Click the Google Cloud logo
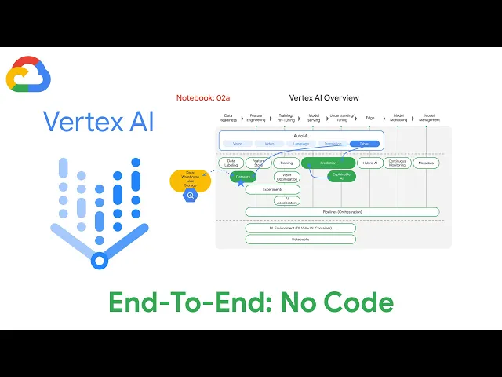28,75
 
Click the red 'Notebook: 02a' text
203,97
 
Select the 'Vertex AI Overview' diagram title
324,97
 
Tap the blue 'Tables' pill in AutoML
364,144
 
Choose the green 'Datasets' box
243,178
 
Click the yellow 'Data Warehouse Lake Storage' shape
190,180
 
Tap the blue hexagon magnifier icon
190,196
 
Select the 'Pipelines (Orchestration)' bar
342,212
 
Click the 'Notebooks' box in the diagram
300,239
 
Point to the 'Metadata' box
426,163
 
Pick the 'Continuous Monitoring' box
398,163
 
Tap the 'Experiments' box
273,189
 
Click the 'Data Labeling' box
231,163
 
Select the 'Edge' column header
370,118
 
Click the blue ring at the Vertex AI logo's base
99,261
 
